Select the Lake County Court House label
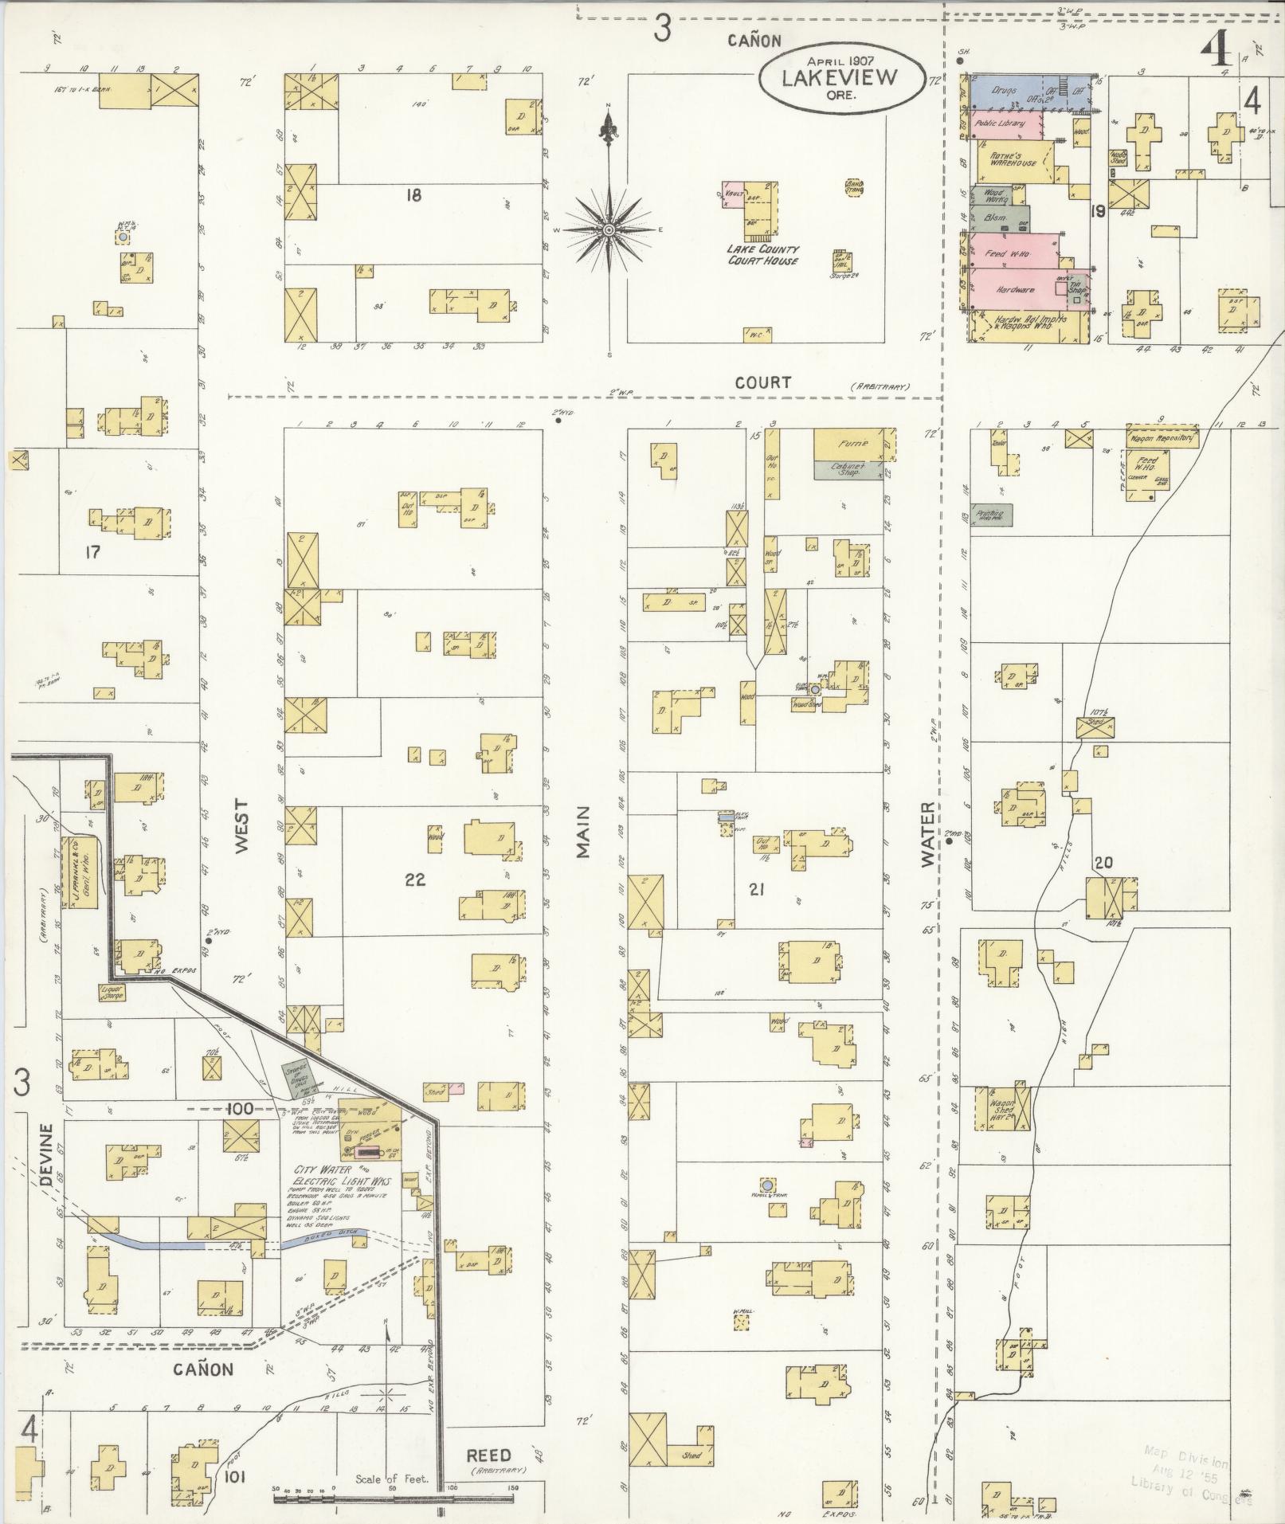[x=762, y=255]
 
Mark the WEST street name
[x=241, y=826]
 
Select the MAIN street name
[x=584, y=832]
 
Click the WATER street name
[x=927, y=834]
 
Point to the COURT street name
[x=762, y=382]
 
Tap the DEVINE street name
[x=46, y=1156]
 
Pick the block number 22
[x=415, y=880]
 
